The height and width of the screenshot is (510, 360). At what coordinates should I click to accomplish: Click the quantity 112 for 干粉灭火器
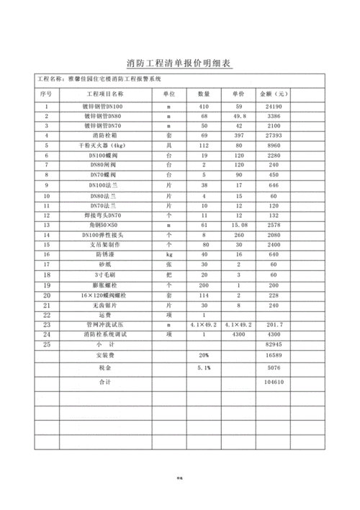(x=204, y=145)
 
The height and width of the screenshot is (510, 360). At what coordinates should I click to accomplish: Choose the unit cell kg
(x=168, y=254)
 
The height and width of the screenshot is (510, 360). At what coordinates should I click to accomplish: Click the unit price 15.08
(x=240, y=225)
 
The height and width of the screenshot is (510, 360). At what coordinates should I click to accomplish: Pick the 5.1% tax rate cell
(x=204, y=367)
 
